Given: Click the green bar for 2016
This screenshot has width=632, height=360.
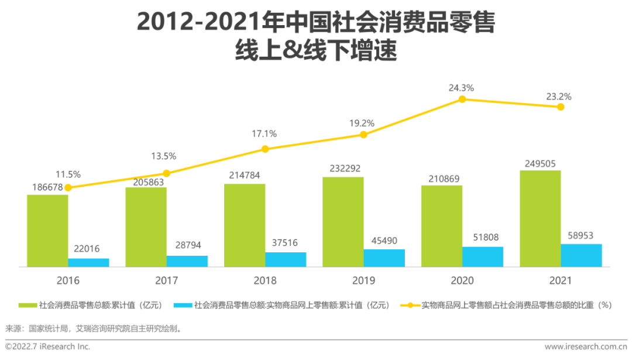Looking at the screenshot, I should [x=47, y=231].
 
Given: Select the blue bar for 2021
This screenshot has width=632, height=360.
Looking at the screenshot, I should [x=581, y=255].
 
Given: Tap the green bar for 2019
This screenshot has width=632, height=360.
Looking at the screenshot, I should [x=343, y=222].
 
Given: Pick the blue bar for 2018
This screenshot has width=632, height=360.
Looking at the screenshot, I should [x=286, y=259].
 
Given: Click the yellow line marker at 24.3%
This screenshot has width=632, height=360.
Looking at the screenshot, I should [x=462, y=100].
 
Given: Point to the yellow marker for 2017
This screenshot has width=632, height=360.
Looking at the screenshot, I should [x=166, y=173].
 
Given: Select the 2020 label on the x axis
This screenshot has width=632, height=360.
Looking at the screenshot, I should [x=462, y=280].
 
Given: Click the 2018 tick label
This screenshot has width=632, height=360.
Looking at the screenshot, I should [x=265, y=280].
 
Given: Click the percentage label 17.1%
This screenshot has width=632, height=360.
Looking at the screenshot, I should [x=265, y=133].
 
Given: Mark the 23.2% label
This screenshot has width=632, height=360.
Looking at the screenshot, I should [x=559, y=97].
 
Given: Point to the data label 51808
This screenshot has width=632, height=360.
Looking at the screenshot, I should [x=483, y=238].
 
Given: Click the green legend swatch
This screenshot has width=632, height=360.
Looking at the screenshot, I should [x=28, y=306].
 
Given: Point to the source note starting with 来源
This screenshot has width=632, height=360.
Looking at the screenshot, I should [x=94, y=328].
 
